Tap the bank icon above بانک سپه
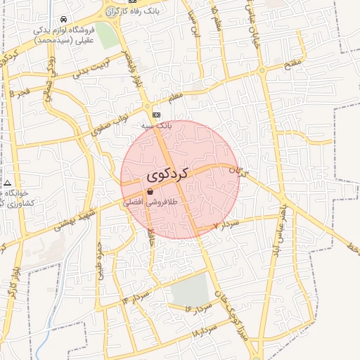pos(155,115)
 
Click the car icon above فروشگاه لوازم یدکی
pos(64,19)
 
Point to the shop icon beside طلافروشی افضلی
pos(150,191)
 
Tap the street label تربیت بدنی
pos(93,67)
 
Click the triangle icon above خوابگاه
pos(7,183)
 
